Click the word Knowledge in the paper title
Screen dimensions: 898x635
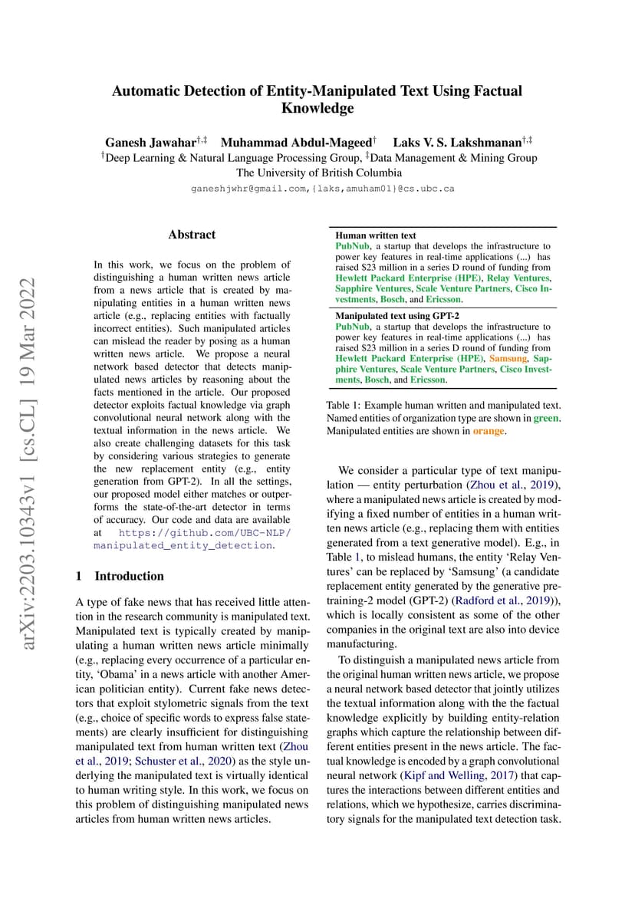[317, 108]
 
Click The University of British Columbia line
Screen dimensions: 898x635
[318, 173]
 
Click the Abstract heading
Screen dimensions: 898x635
[192, 235]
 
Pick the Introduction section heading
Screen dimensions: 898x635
[129, 576]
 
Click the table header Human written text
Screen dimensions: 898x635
[376, 235]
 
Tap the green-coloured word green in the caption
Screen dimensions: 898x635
[546, 418]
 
